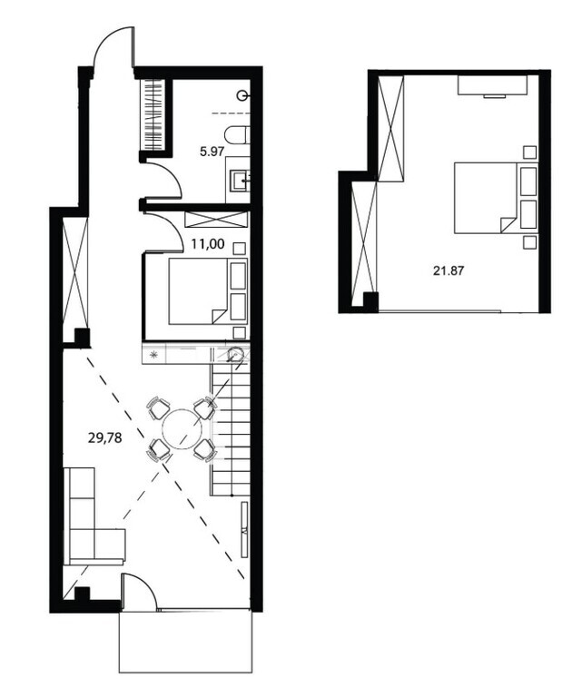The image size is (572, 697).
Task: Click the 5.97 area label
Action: coord(212,152)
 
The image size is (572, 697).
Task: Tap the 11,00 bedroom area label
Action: coord(208,243)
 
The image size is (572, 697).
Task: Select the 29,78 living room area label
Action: coord(105,438)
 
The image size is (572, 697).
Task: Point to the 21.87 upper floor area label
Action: coord(449,270)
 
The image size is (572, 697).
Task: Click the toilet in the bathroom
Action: coord(237,135)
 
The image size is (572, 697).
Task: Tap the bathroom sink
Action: coord(240,181)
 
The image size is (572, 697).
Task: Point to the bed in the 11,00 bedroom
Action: coord(208,291)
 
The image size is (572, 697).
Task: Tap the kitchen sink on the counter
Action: coord(235,354)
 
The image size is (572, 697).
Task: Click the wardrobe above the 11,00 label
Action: coord(216,220)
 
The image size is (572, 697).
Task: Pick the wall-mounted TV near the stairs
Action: coord(244,529)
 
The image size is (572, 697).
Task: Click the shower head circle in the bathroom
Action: coord(242,95)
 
